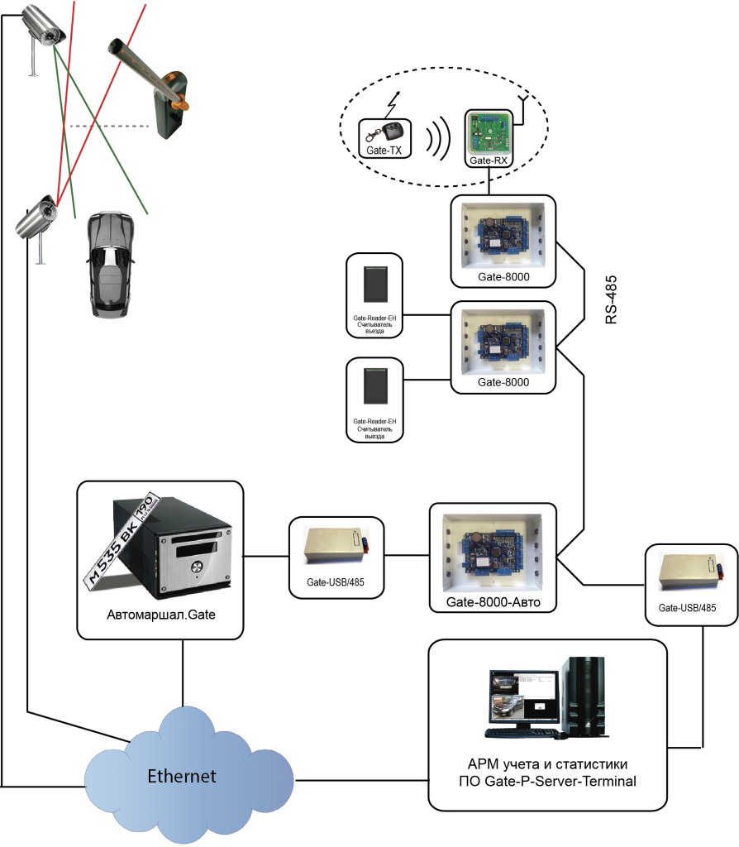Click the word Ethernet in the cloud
[182, 776]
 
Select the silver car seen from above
[110, 265]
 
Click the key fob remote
[386, 132]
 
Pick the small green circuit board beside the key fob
[489, 133]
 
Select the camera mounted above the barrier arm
[43, 25]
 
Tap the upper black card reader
[375, 285]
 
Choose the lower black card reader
[375, 386]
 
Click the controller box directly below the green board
[503, 235]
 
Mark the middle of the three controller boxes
[503, 342]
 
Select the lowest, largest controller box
[492, 553]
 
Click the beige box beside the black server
[336, 545]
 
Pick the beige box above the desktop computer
[690, 572]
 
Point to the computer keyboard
[523, 733]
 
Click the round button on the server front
[198, 567]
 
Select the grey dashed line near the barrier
[110, 127]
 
